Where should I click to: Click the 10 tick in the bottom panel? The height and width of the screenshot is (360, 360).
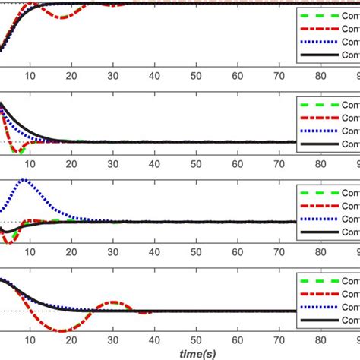coord(30,341)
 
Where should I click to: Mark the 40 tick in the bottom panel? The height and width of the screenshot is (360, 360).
coord(155,341)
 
